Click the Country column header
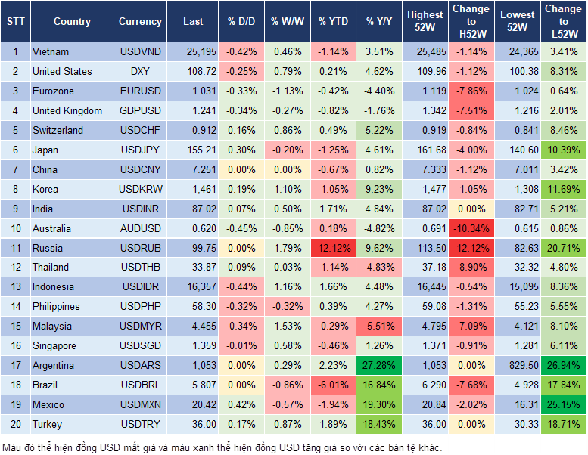(x=72, y=22)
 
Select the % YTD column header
(x=333, y=22)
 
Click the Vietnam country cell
(x=51, y=52)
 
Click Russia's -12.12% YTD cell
(x=333, y=248)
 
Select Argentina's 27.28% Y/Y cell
(x=380, y=366)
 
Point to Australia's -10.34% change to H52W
(x=472, y=228)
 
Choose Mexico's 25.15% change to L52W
(x=563, y=405)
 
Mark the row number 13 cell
(x=14, y=287)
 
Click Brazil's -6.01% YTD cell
(x=333, y=385)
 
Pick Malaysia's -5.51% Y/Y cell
(x=380, y=327)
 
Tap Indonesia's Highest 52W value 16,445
(x=425, y=287)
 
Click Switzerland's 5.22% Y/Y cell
(x=380, y=130)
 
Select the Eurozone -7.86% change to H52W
(x=472, y=91)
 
